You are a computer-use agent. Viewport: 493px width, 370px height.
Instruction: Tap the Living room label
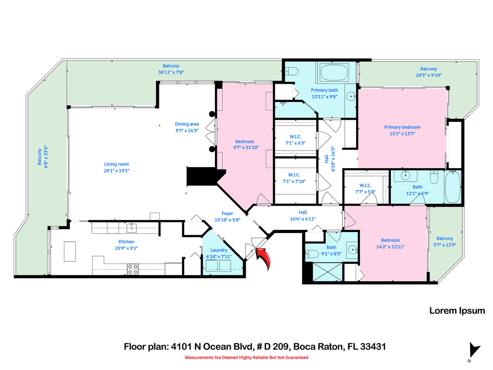(116, 164)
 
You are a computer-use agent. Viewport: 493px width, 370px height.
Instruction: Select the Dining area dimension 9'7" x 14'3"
(187, 131)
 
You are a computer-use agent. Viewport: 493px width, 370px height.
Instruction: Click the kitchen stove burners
(132, 270)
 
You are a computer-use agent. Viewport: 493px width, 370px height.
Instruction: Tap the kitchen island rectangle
(70, 251)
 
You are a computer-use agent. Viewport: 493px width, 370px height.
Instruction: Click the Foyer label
(227, 213)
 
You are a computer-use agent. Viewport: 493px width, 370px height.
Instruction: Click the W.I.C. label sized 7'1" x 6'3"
(295, 137)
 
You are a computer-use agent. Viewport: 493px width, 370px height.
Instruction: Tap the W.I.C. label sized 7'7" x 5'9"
(366, 185)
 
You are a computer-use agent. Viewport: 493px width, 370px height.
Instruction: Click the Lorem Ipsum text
(457, 311)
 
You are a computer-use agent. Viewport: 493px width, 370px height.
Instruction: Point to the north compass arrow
(474, 350)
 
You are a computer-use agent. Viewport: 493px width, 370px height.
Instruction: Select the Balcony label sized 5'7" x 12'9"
(445, 238)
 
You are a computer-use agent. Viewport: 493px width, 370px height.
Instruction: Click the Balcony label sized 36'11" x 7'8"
(171, 66)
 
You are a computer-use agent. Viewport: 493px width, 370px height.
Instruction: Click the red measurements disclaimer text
(246, 357)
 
